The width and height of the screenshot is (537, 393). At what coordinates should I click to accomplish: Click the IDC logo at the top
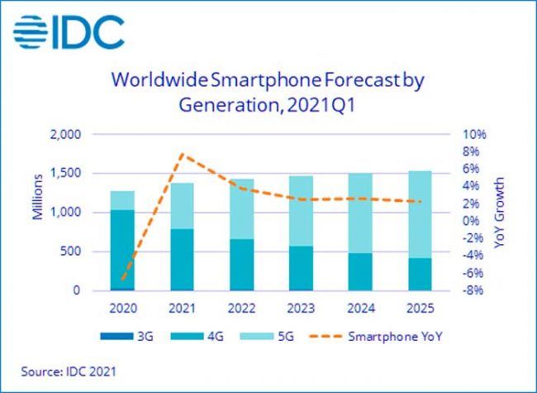tap(69, 32)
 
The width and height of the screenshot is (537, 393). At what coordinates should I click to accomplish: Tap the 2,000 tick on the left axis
tap(65, 134)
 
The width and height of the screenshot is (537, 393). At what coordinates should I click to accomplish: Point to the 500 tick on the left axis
tap(70, 252)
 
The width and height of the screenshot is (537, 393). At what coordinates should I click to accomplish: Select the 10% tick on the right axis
tap(474, 134)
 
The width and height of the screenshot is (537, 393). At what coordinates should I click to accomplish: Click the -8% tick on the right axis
tap(473, 290)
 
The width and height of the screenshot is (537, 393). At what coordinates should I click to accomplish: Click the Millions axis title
tap(37, 197)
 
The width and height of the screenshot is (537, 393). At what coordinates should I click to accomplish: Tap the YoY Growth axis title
tap(500, 213)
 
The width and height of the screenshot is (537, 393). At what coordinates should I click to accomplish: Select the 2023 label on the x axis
tap(301, 309)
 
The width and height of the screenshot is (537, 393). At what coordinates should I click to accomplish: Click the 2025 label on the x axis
tap(420, 309)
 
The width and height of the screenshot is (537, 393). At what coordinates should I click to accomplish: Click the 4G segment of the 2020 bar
tap(122, 250)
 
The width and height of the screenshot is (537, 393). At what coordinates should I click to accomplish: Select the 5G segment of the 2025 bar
tap(420, 214)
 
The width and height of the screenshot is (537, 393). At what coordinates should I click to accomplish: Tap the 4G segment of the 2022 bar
tap(242, 265)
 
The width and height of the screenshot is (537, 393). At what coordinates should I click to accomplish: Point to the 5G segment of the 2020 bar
tap(122, 200)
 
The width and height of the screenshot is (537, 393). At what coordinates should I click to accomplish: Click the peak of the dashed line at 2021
tap(183, 154)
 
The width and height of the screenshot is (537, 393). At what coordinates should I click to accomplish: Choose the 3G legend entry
tap(126, 337)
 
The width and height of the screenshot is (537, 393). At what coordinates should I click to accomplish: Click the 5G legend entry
tap(267, 337)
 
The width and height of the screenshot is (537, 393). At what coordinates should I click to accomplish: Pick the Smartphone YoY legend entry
tap(376, 337)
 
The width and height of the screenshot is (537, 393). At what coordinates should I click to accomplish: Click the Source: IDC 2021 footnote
tap(69, 371)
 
